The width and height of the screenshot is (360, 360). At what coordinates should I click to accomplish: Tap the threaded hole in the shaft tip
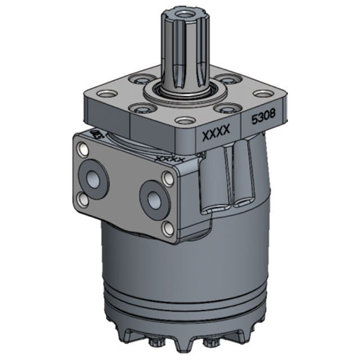[x=184, y=13]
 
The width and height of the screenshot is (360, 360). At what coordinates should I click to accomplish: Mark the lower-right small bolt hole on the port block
[x=167, y=228]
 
